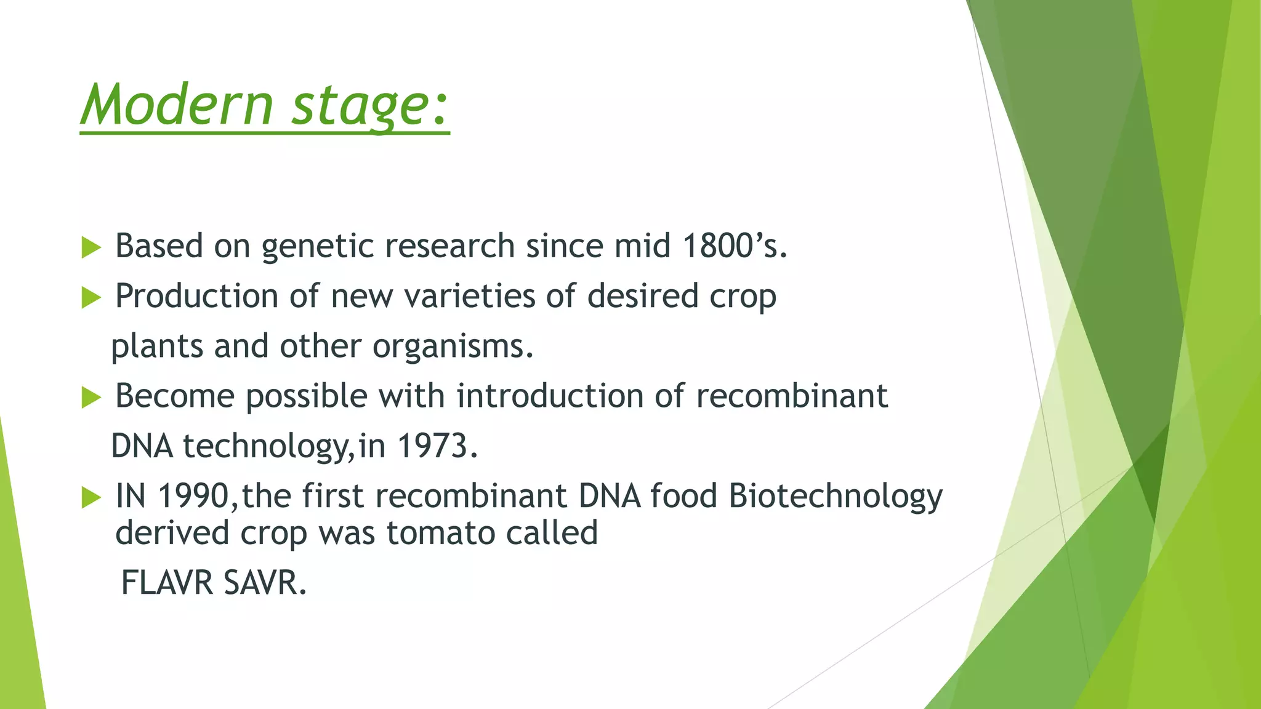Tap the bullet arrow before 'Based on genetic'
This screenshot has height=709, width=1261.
click(91, 248)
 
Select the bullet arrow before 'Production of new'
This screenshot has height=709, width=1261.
click(91, 298)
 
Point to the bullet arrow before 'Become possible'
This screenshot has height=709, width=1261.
click(91, 398)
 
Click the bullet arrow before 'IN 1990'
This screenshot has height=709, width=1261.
click(91, 497)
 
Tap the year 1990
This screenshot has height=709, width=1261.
click(193, 495)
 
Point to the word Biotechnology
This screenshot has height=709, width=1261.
click(835, 497)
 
